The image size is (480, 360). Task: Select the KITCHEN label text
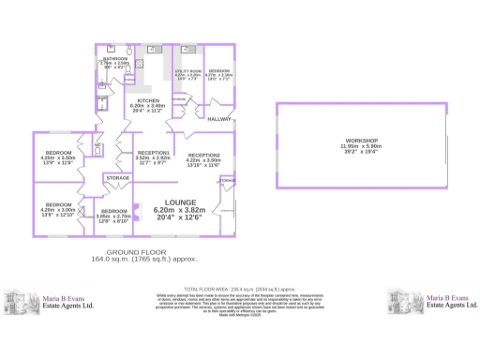coord(148,100)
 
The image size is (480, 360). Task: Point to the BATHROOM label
coord(114,58)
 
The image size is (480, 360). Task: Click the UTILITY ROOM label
coord(183,70)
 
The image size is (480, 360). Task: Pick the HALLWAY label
coord(219,119)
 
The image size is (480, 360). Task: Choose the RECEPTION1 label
coord(153,152)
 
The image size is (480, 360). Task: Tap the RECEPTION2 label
coord(203,155)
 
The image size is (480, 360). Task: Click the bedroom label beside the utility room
coord(218,70)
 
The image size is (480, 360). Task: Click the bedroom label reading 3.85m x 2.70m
coord(113,211)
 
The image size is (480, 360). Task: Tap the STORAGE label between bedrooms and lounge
coord(117,177)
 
